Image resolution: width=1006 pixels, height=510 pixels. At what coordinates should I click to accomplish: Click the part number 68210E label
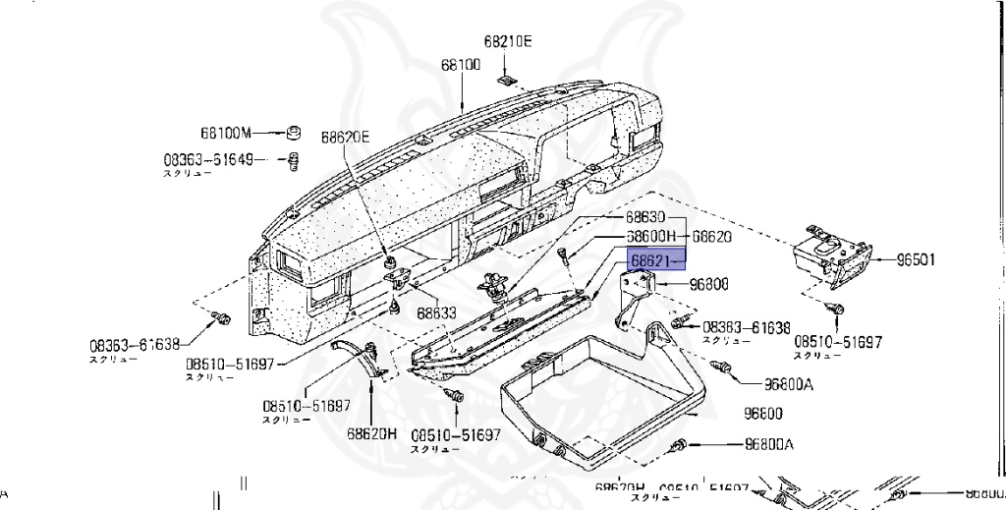(507, 41)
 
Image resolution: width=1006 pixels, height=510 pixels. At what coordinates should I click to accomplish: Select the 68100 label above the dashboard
(460, 66)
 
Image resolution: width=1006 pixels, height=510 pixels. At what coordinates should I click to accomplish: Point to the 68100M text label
(227, 133)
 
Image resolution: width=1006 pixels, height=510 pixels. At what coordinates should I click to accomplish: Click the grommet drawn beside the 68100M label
(292, 133)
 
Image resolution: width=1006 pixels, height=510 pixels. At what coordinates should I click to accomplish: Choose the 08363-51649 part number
(208, 158)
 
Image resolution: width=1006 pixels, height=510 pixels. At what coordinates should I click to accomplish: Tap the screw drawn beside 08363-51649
(293, 159)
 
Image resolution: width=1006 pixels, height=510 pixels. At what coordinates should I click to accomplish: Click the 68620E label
(345, 138)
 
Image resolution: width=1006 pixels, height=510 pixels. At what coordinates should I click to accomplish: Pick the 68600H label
(651, 237)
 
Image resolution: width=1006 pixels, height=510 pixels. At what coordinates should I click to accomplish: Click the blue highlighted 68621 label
(654, 259)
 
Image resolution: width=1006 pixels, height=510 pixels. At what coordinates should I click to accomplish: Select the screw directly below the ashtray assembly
(837, 309)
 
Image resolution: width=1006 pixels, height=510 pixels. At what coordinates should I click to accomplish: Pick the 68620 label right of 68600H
(711, 237)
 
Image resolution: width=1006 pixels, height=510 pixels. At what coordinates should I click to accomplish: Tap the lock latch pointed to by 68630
(493, 286)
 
